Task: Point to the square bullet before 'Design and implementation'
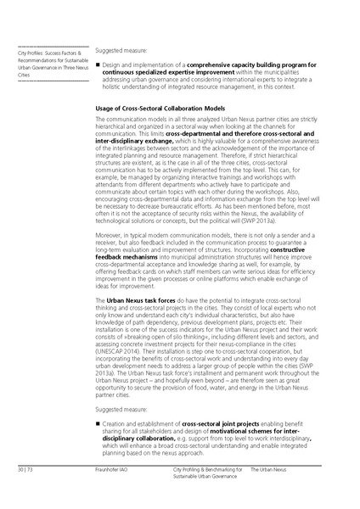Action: coord(99,65)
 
